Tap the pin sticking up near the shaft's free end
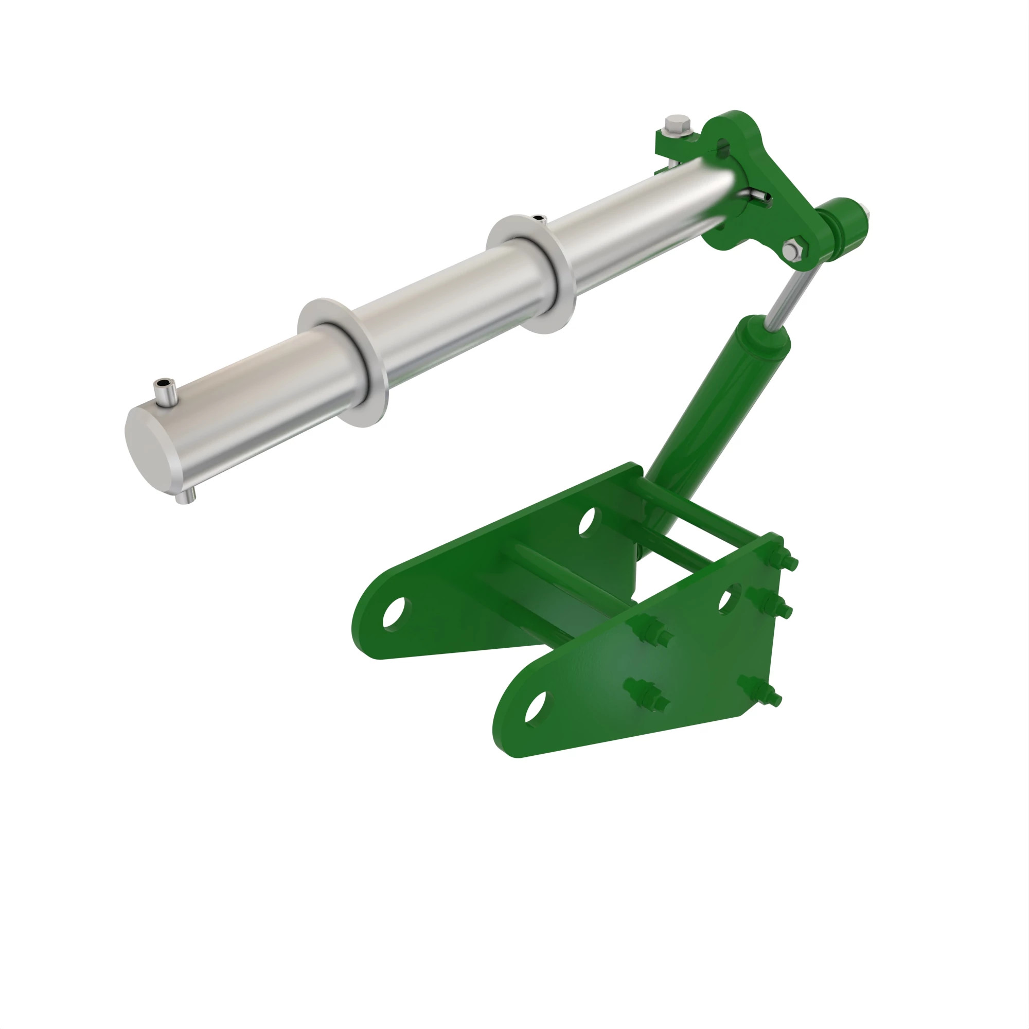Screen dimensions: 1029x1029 [165, 393]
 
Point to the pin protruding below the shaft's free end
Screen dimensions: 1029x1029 [185, 498]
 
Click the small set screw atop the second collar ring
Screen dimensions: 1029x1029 [539, 218]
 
